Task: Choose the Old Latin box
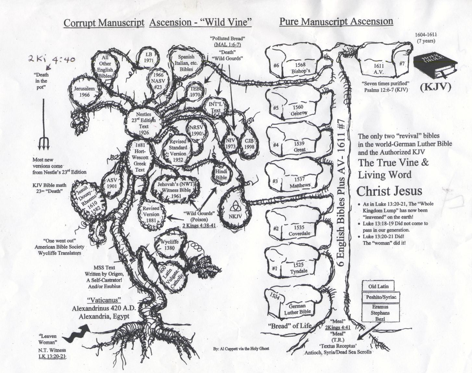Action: pos(378,286)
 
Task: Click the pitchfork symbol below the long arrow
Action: pos(43,143)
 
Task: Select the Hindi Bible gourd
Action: pos(221,174)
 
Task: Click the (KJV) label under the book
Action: pos(436,87)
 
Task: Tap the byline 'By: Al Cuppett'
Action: pos(241,349)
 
